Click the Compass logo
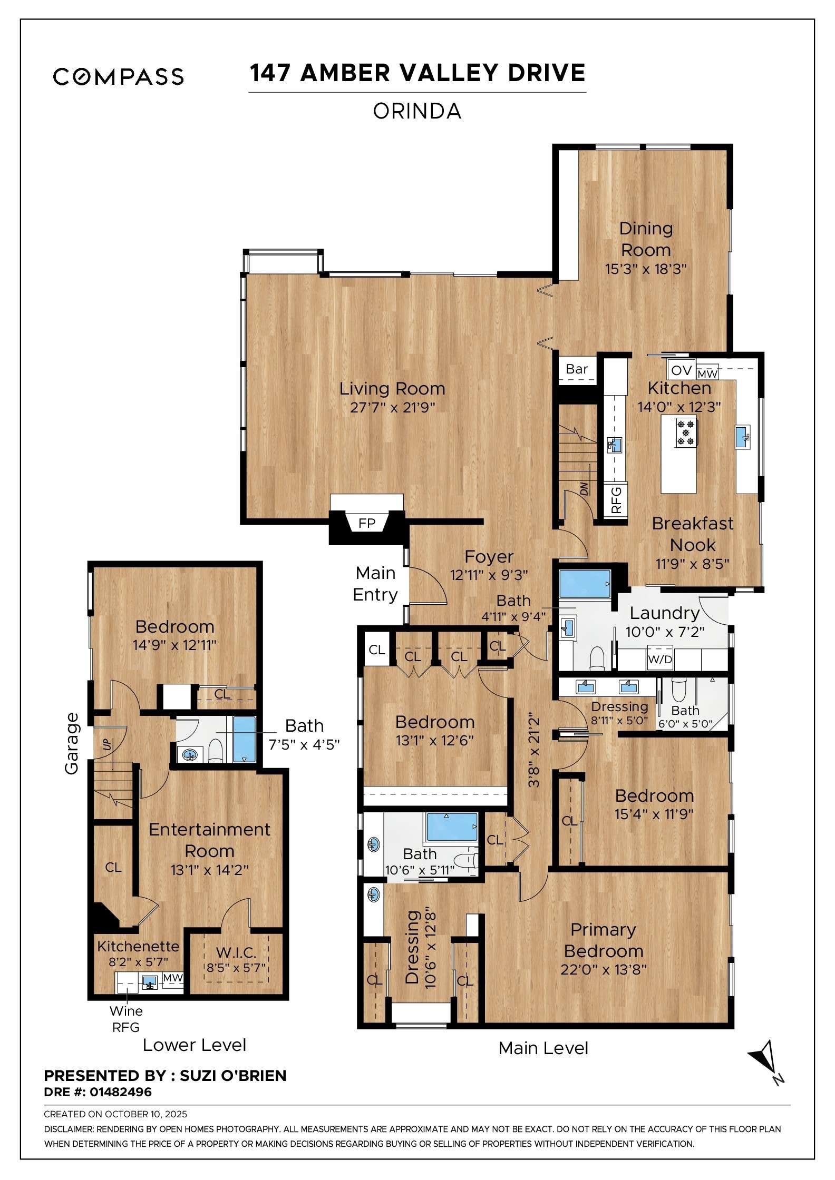[x=118, y=76]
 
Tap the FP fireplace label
[x=366, y=523]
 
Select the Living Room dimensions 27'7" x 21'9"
[x=392, y=407]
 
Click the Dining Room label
[x=646, y=239]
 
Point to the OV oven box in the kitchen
[x=681, y=370]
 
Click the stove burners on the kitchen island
[x=686, y=432]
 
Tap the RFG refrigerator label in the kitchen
[x=616, y=500]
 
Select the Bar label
[x=577, y=369]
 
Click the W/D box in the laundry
[x=660, y=659]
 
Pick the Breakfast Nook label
[x=692, y=534]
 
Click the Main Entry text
[x=375, y=584]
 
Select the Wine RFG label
[x=126, y=1019]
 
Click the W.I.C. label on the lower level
[x=236, y=952]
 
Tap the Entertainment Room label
[x=209, y=840]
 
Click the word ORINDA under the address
[x=417, y=111]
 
